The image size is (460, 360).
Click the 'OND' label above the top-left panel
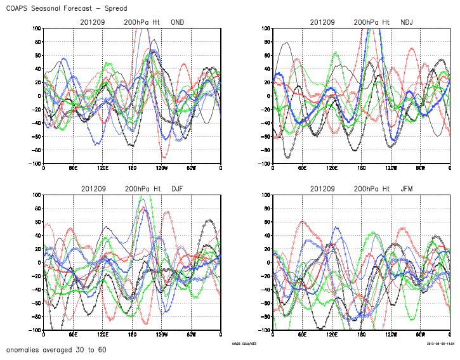point(178,22)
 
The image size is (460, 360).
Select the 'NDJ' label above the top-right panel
point(407,22)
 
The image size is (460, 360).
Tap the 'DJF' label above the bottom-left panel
point(178,189)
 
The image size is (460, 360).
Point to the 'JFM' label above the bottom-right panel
point(407,189)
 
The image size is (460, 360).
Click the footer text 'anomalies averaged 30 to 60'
point(56,350)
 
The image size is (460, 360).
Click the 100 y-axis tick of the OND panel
point(36,29)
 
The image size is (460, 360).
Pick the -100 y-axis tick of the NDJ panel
point(263,164)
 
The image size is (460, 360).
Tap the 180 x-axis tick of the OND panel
point(132,168)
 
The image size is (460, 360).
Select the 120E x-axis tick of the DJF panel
point(102,335)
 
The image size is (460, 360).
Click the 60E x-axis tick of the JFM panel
point(302,335)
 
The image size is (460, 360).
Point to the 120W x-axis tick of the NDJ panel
point(391,168)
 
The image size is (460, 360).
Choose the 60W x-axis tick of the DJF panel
point(191,335)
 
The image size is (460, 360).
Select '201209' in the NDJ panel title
point(323,22)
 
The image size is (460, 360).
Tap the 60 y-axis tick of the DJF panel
point(37,222)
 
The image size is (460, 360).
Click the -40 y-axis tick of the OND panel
point(35,124)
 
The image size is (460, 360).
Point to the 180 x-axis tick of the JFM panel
point(361,335)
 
